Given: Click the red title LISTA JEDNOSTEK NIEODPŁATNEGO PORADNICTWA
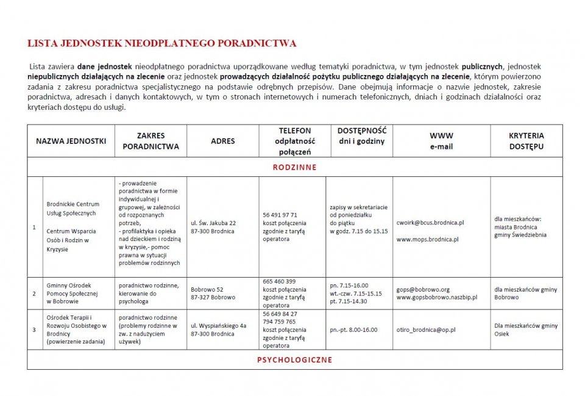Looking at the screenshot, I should pos(162,43).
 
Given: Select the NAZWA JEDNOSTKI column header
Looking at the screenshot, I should pos(71,141).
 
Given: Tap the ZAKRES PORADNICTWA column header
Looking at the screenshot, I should pos(151,141).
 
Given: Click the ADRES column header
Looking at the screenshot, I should pos(222,141).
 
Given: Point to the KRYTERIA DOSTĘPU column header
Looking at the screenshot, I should pos(526,141).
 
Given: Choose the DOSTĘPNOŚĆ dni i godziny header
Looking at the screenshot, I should pos(362,136).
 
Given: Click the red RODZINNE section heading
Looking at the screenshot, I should pos(294,167).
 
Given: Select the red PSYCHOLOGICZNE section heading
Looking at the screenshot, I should pos(294,360).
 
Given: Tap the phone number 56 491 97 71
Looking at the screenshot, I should pos(280,215).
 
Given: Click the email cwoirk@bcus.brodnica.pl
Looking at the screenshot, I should pos(430,223).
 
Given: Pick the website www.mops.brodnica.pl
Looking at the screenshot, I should pos(427,239).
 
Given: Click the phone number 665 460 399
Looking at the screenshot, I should pos(279,281).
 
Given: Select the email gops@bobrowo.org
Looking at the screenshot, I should pos(422,289).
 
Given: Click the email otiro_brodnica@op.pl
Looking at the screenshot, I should pos(425,329).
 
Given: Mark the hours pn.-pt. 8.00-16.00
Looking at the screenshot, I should pos(353,329).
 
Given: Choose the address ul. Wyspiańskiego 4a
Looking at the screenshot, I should pos(218,326).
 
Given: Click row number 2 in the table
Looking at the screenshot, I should pos(35,293).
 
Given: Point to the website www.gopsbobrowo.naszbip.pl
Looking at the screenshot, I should pos(436,297).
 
